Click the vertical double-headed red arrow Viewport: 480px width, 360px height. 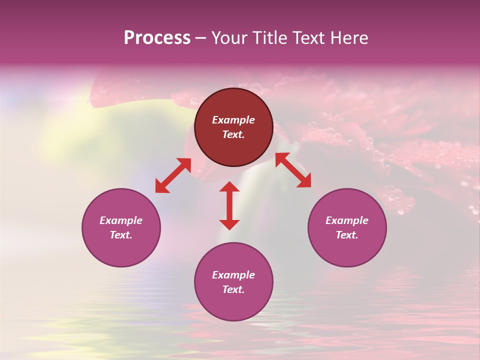229,205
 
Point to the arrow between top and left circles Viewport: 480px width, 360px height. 173,175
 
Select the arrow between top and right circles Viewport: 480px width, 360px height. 293,170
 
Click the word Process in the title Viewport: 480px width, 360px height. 157,38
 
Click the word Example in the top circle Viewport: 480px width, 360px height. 233,120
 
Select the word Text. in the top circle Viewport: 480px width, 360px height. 233,134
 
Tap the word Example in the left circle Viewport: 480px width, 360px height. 121,220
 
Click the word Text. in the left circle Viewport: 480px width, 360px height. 121,235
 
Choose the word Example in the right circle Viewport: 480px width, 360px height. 347,220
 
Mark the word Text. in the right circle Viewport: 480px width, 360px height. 347,235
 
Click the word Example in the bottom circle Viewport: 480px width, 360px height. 233,275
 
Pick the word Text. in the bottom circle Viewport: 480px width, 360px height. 233,289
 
